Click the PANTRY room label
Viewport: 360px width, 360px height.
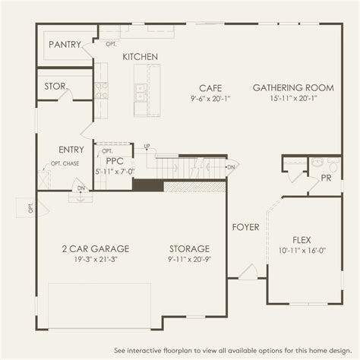point(65,45)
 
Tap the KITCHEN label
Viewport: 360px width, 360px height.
point(140,57)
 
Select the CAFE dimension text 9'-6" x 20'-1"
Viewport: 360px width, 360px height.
point(210,99)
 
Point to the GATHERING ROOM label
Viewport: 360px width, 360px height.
point(293,88)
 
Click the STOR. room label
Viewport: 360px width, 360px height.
point(56,87)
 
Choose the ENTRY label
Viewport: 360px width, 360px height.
point(71,150)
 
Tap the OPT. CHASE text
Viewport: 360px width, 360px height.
point(65,163)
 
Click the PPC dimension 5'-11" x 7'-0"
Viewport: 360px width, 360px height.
point(115,172)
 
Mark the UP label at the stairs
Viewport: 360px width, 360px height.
point(147,146)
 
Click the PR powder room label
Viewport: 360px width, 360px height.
point(326,178)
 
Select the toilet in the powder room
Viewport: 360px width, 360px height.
point(333,165)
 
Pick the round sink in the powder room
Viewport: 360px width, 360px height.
point(317,162)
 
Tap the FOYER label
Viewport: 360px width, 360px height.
point(245,227)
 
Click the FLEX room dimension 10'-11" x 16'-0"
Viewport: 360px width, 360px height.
point(302,251)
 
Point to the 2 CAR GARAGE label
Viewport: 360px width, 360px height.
point(96,249)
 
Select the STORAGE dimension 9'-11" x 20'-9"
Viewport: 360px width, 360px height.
point(190,259)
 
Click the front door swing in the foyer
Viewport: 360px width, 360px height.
point(248,272)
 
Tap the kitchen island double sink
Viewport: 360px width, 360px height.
point(141,93)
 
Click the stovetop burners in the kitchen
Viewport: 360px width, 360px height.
point(101,90)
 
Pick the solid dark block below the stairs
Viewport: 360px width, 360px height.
point(148,185)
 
